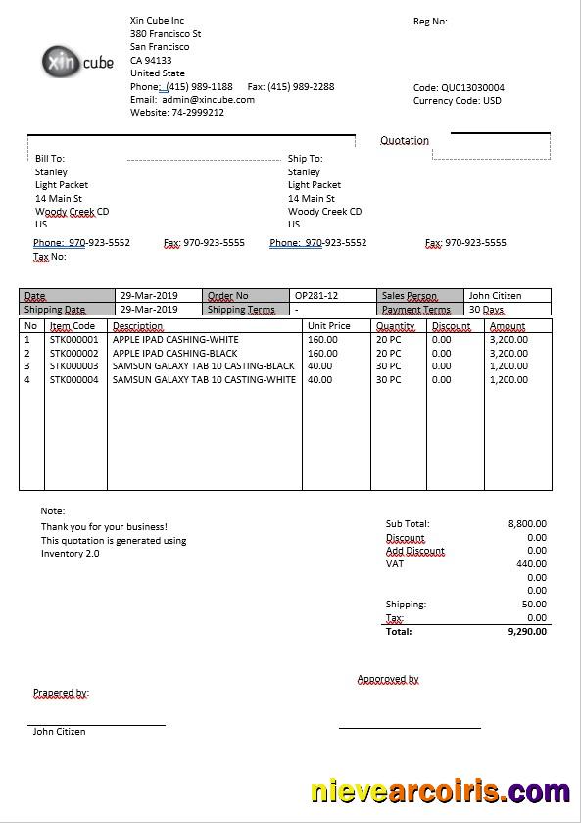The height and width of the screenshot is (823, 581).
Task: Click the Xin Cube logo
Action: (x=78, y=62)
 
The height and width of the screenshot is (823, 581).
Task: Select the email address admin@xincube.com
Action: (x=208, y=99)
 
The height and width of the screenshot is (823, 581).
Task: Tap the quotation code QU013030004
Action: (x=472, y=87)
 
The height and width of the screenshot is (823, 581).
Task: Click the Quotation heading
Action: (x=405, y=140)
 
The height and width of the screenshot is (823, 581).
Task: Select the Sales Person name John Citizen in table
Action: (x=495, y=295)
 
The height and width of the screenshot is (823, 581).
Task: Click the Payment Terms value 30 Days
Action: (x=486, y=309)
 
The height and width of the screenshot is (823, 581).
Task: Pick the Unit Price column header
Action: (x=328, y=326)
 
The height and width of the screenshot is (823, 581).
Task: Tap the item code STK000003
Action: (x=74, y=365)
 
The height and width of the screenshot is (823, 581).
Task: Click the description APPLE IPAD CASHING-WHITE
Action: (x=175, y=339)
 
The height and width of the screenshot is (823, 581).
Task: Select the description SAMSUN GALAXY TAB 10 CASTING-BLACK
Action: (x=204, y=365)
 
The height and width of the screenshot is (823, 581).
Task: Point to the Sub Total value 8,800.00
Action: (x=527, y=524)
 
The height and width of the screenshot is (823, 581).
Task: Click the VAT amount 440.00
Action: (x=531, y=563)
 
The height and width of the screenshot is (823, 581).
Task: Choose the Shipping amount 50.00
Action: (x=534, y=605)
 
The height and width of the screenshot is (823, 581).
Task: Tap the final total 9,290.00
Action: (x=527, y=632)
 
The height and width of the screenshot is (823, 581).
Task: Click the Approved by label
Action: (x=388, y=679)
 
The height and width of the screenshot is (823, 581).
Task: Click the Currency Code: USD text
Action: (x=458, y=100)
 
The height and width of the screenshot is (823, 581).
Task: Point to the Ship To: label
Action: (x=305, y=158)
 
